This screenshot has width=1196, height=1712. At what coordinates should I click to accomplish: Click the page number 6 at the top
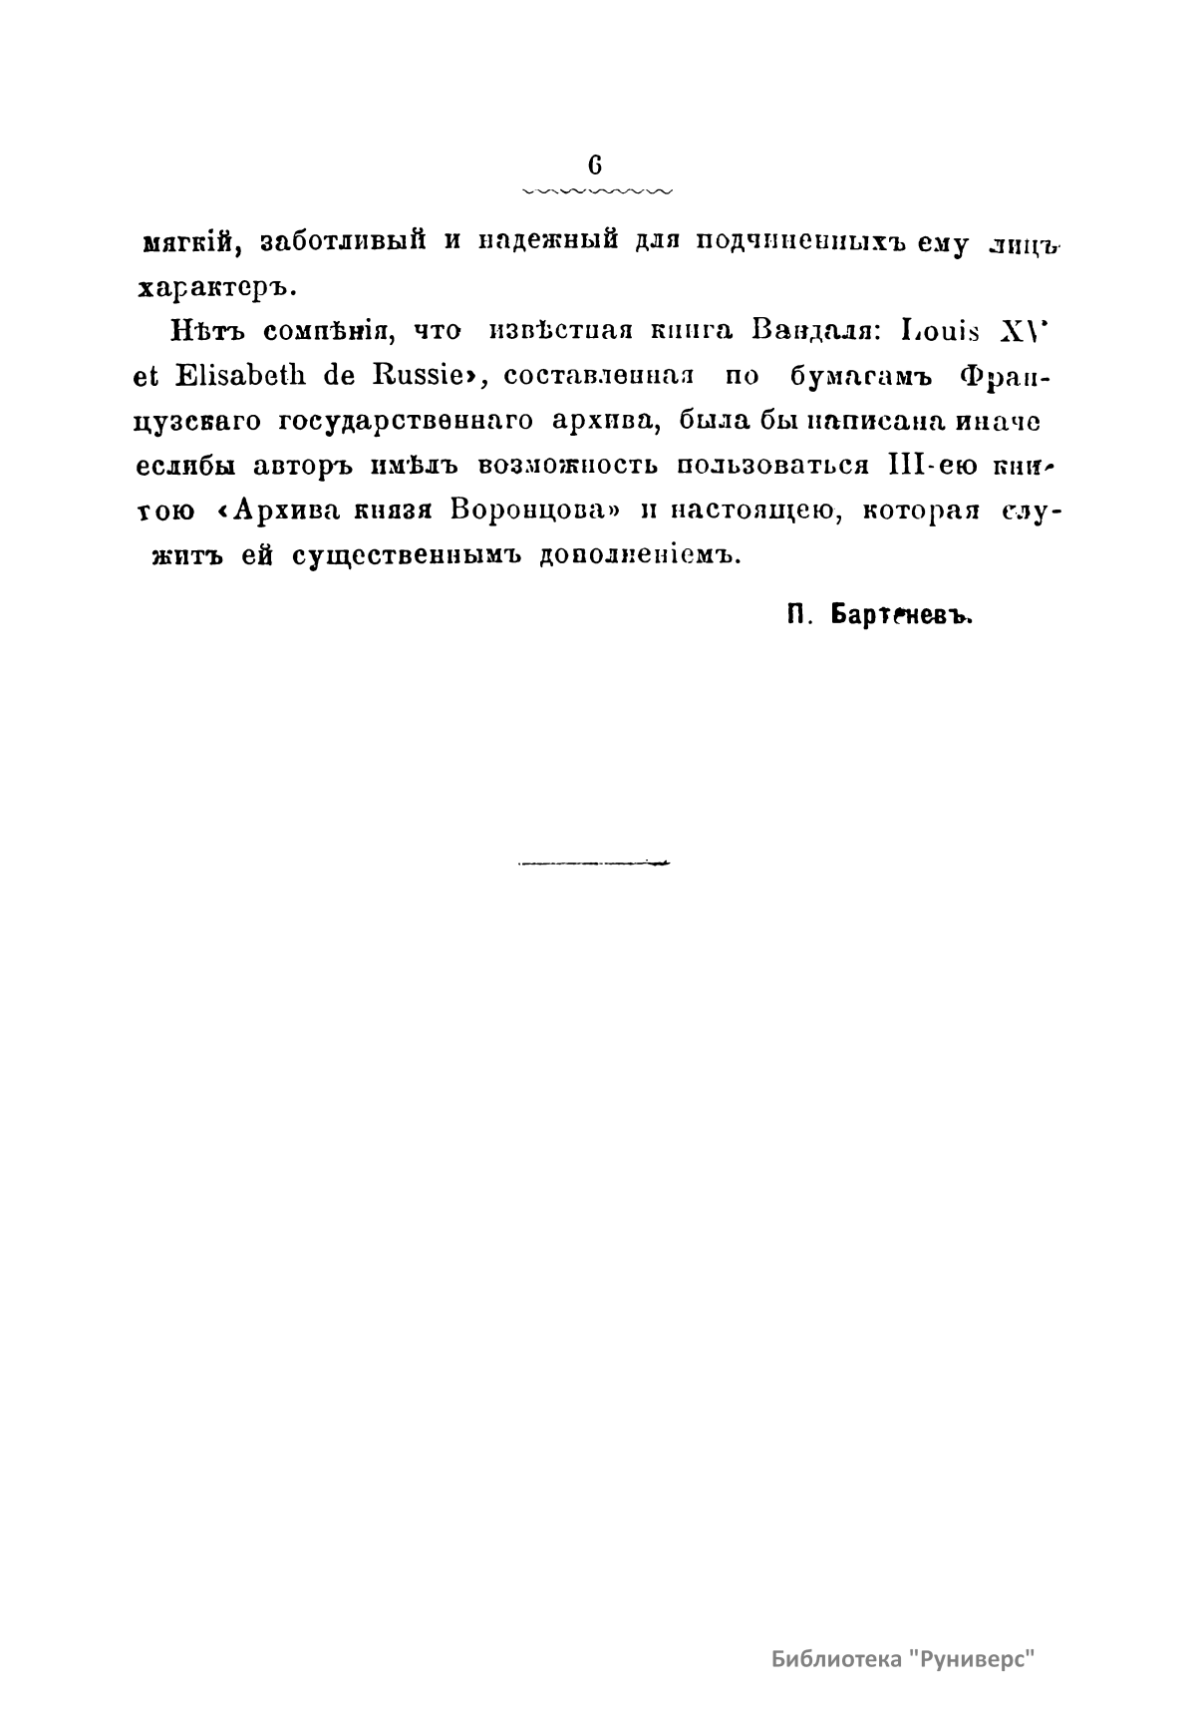click(596, 165)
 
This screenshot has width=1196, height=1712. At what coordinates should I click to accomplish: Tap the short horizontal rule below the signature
click(594, 863)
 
